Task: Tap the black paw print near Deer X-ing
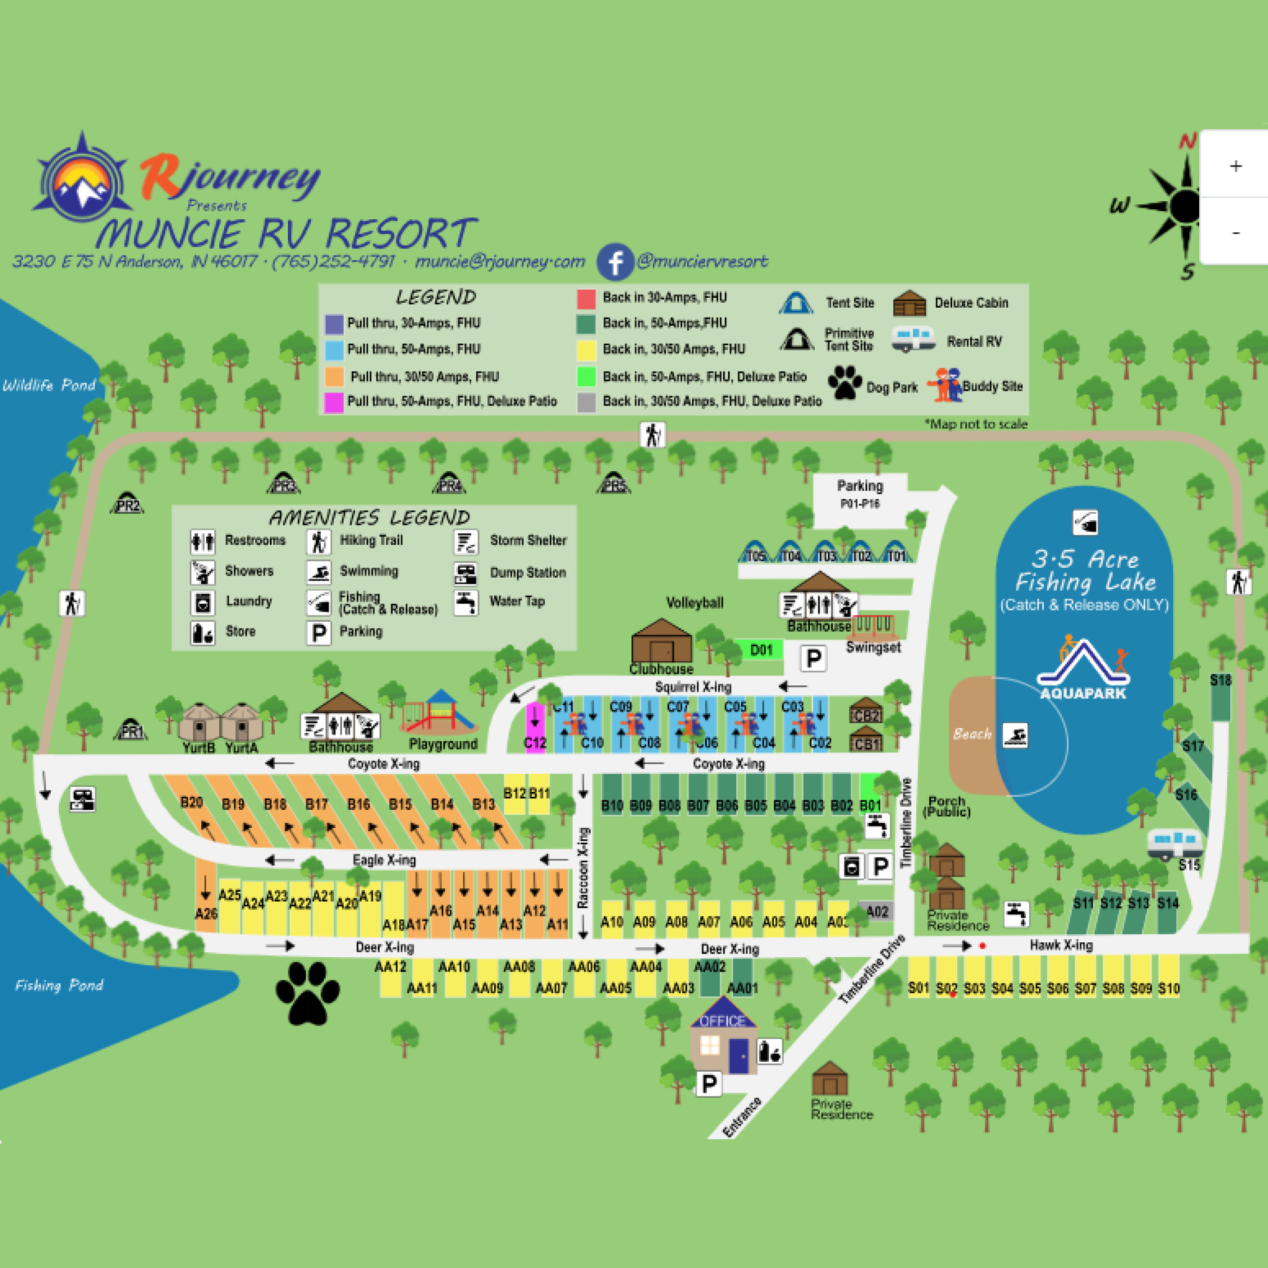point(307,993)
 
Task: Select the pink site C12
point(535,727)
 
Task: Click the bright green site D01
point(760,649)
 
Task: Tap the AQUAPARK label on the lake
point(1083,693)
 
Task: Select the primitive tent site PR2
point(128,504)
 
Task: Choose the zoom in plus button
point(1235,166)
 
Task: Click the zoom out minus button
point(1235,232)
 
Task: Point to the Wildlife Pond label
point(50,385)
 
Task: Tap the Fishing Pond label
point(59,985)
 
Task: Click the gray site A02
point(876,911)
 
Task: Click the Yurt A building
point(241,723)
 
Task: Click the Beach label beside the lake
point(971,734)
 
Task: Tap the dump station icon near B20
point(83,799)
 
